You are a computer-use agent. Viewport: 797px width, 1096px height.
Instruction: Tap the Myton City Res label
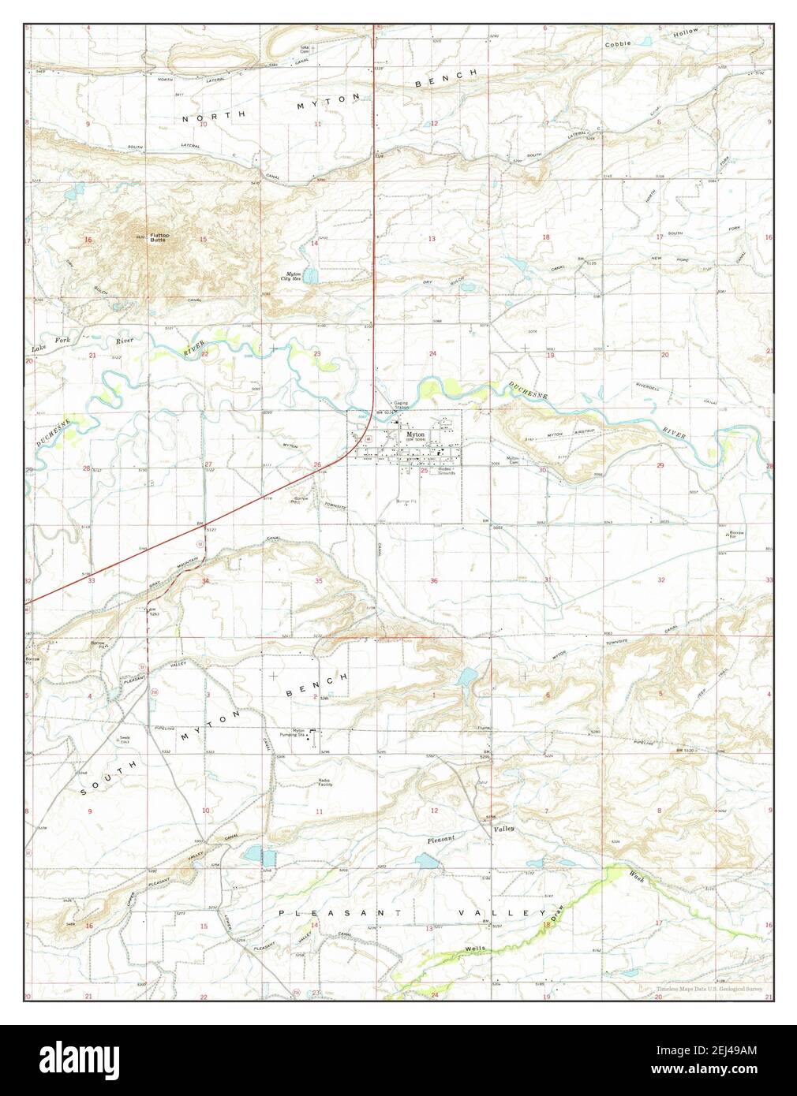point(293,277)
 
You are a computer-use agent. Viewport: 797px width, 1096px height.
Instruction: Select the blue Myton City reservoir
point(312,276)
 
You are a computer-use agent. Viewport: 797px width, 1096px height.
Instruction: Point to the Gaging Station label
point(401,405)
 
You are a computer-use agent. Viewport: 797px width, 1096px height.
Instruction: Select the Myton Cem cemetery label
point(514,460)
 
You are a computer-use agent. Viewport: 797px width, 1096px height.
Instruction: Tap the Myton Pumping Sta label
point(294,733)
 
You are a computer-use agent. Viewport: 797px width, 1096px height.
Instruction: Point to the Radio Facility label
point(330,783)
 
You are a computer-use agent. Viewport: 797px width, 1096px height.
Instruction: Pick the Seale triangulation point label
point(125,739)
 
